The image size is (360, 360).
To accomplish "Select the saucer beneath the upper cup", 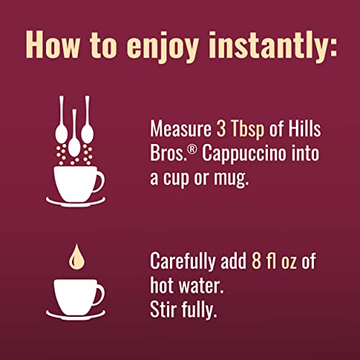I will coord(76,199).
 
